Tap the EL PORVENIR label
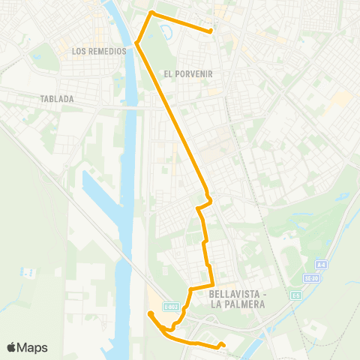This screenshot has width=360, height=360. [x=187, y=73]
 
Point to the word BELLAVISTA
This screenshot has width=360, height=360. [x=234, y=294]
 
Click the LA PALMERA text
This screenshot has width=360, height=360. [x=234, y=304]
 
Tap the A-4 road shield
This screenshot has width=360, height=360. [x=321, y=265]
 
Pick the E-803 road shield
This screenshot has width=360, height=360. [x=172, y=306]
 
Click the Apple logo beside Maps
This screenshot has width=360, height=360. [x=11, y=347]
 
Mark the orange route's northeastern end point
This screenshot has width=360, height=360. [x=211, y=31]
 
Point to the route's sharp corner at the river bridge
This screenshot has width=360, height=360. [x=137, y=43]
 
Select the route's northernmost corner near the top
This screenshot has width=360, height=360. [x=152, y=13]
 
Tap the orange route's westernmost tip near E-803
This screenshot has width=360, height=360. [x=150, y=313]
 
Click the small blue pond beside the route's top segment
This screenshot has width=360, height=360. [x=166, y=29]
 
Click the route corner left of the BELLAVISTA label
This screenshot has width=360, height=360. [x=190, y=289]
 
